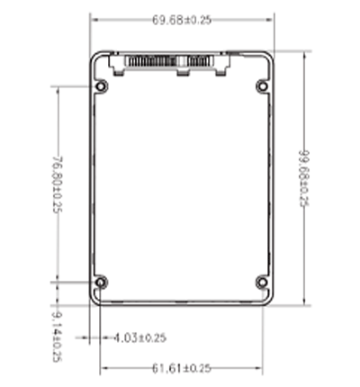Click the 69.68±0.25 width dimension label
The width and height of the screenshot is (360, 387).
coord(181,20)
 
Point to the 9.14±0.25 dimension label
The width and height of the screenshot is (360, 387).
coord(57,335)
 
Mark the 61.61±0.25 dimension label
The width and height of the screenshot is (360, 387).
coord(180,368)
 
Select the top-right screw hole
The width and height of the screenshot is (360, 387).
coord(262,86)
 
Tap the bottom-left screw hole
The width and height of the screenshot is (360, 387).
coord(100,283)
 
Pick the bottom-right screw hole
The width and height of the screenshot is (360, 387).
coord(262,283)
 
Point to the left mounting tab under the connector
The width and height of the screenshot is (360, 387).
coord(115,64)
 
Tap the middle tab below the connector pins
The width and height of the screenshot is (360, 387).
coord(184,72)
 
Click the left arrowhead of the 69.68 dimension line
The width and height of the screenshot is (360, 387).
coord(94,20)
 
